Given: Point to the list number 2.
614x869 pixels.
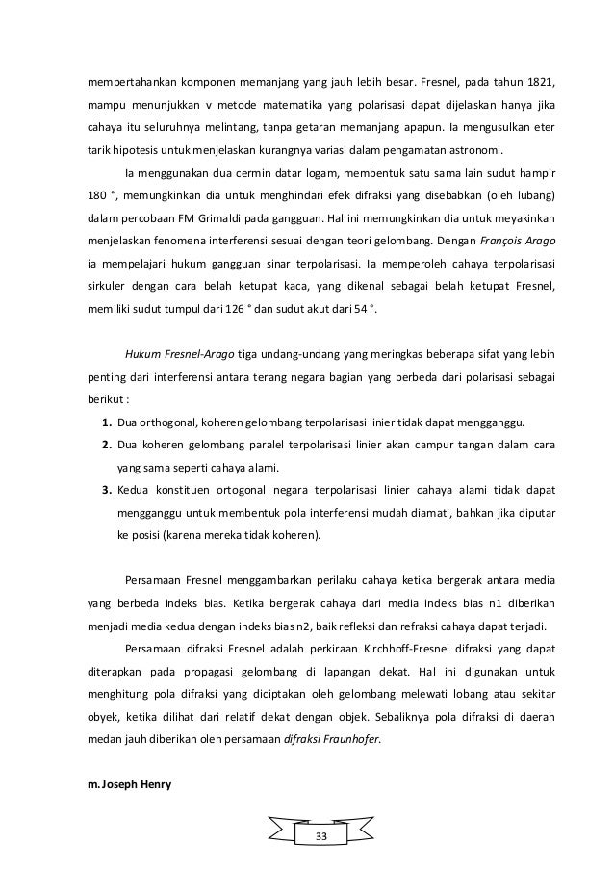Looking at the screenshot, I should (x=105, y=447).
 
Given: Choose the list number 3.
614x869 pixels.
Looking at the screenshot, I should (x=105, y=491).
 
